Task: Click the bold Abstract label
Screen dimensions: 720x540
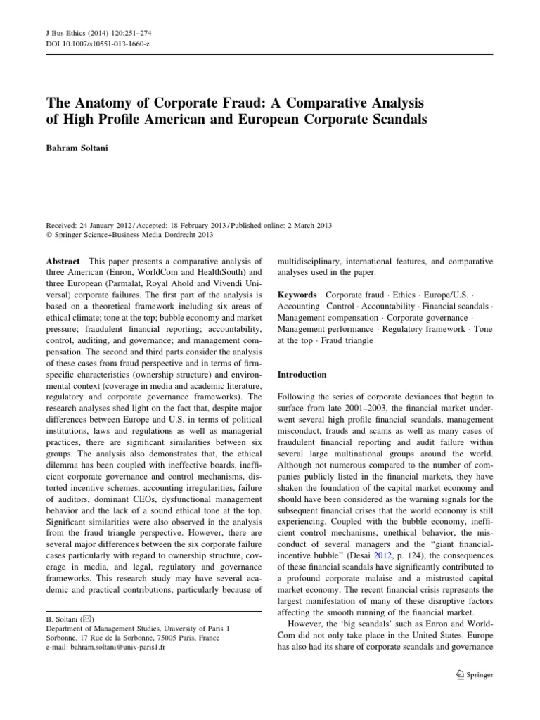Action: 63,261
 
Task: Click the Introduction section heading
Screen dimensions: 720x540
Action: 302,375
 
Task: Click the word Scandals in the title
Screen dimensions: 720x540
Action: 392,118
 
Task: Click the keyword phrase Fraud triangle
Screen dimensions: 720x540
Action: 348,340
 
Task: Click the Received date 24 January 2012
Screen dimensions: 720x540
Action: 108,225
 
